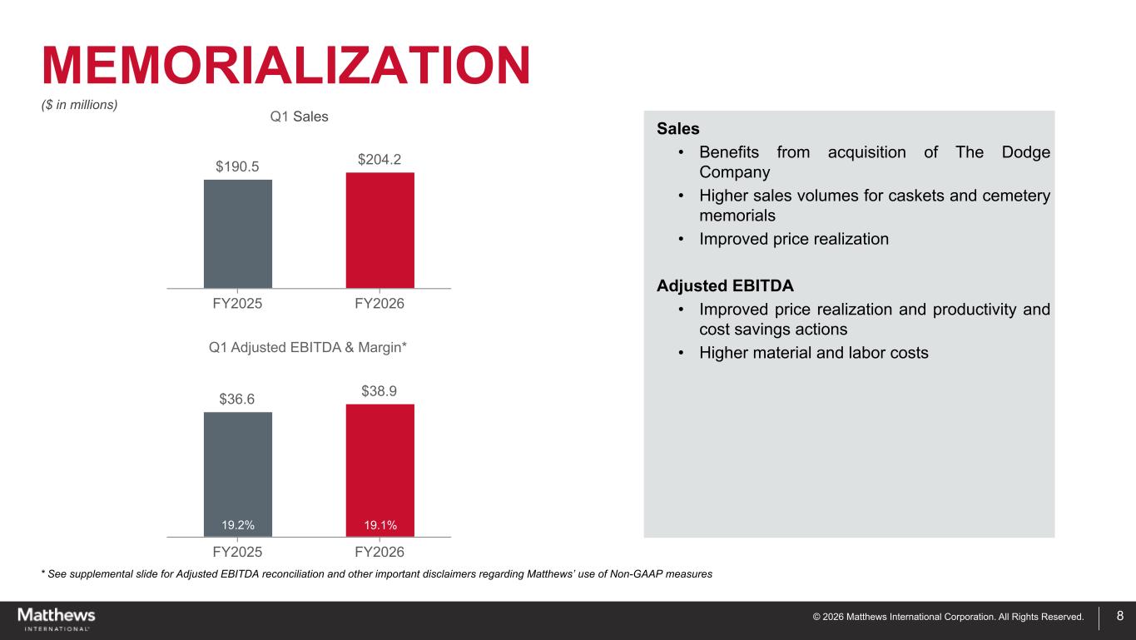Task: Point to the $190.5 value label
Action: pyautogui.click(x=237, y=166)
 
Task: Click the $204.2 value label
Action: pyautogui.click(x=379, y=159)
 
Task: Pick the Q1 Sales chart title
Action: pyautogui.click(x=300, y=117)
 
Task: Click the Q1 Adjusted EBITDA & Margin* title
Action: pyautogui.click(x=307, y=347)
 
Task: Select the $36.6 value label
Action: pyautogui.click(x=237, y=399)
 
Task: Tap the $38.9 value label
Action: pyautogui.click(x=379, y=391)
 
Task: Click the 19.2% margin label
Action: pyautogui.click(x=237, y=525)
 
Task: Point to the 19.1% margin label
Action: pyautogui.click(x=380, y=525)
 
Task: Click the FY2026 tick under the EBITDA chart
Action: pyautogui.click(x=379, y=553)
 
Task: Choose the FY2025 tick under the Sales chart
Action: pyautogui.click(x=237, y=304)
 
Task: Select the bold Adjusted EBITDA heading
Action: pyautogui.click(x=725, y=285)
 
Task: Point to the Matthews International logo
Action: pyautogui.click(x=56, y=618)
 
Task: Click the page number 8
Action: pyautogui.click(x=1119, y=617)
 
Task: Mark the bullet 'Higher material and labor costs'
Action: pyautogui.click(x=813, y=353)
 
